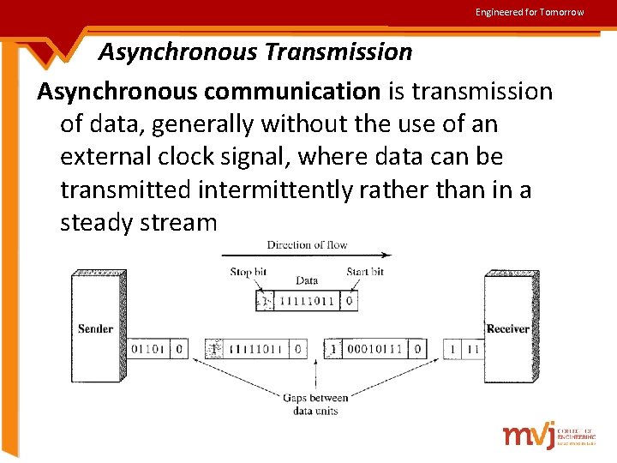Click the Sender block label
[x=95, y=329]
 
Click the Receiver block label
[x=508, y=329]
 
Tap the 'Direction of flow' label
[x=307, y=244]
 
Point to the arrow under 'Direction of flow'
[x=306, y=256]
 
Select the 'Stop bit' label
[x=248, y=272]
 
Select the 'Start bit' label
[x=364, y=272]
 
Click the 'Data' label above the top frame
[x=307, y=281]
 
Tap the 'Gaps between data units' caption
[x=315, y=404]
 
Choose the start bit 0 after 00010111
[x=416, y=349]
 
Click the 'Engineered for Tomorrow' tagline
[x=530, y=12]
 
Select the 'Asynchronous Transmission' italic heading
[x=255, y=52]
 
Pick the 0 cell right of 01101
[x=178, y=349]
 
